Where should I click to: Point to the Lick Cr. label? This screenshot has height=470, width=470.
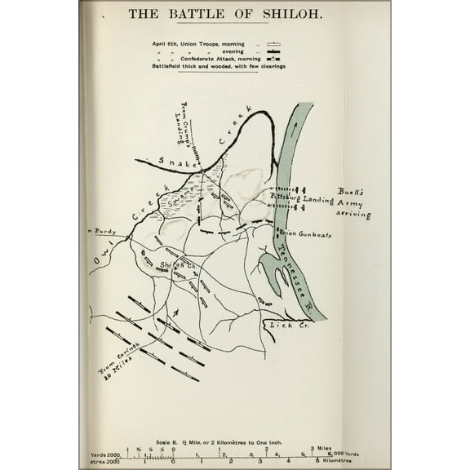tap(280, 325)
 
